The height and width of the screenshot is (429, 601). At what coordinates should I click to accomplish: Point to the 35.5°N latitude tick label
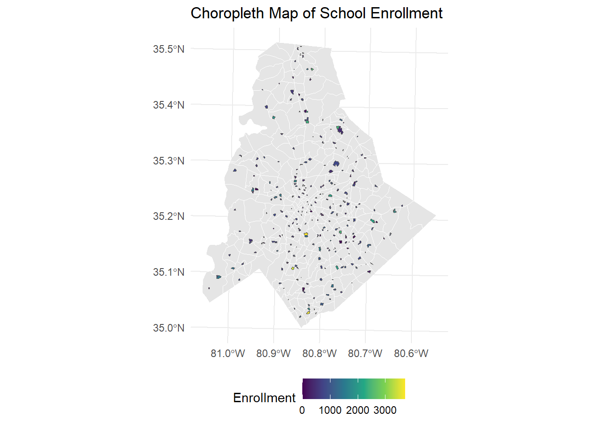[169, 49]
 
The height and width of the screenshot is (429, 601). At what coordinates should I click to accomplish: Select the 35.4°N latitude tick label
[169, 105]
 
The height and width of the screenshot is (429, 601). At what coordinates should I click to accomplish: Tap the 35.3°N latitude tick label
[169, 161]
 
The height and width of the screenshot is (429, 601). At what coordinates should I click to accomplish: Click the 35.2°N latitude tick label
[169, 216]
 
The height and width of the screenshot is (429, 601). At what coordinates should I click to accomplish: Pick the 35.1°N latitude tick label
[169, 272]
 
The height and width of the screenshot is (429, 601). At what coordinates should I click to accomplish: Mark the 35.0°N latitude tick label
[169, 328]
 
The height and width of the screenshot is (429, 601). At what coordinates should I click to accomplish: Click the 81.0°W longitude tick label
[228, 353]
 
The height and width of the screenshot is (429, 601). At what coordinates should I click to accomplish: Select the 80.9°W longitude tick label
[273, 353]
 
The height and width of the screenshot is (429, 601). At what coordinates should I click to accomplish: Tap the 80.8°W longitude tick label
[319, 353]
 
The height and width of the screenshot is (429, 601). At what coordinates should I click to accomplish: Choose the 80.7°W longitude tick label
[365, 353]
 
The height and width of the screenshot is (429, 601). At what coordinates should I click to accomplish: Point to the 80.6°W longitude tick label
[411, 353]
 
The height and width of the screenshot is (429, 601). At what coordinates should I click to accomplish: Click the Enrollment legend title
[264, 398]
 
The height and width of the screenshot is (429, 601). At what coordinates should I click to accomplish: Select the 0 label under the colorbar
[302, 410]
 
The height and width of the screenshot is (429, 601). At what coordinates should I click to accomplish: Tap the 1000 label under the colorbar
[330, 410]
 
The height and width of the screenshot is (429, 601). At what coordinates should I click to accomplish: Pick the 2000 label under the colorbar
[358, 410]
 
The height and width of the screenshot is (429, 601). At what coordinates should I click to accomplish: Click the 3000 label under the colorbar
[385, 410]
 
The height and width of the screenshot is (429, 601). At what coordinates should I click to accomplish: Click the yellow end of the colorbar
[402, 388]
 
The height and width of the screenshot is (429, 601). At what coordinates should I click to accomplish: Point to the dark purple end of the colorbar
[305, 388]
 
